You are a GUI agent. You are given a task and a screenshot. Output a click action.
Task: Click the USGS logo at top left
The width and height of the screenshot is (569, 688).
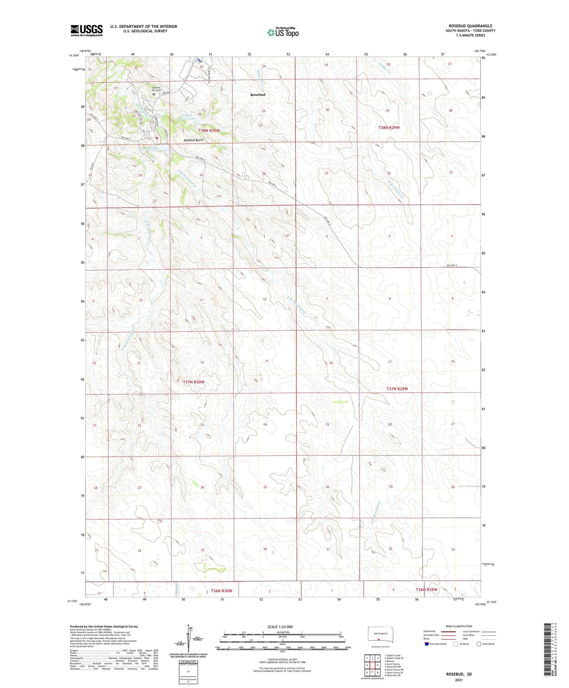click(86, 30)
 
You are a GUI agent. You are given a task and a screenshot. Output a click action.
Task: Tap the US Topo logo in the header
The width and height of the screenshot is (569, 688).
click(283, 32)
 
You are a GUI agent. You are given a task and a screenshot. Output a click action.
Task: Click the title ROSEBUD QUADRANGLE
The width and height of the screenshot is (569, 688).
click(470, 26)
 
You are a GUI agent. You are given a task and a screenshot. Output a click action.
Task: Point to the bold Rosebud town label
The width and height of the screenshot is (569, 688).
click(258, 95)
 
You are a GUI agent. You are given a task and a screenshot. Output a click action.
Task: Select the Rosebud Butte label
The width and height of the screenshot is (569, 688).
click(193, 140)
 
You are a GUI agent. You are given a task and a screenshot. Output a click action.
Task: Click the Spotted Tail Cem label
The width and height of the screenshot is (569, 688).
click(156, 89)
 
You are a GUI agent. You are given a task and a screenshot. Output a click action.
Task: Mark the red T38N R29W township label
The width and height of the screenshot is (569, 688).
click(389, 128)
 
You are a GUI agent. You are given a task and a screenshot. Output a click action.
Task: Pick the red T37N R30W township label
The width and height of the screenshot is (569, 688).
click(194, 382)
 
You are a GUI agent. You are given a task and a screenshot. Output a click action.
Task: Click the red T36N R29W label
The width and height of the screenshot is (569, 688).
click(426, 589)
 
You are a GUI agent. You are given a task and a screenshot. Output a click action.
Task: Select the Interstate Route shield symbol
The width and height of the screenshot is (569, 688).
click(427, 644)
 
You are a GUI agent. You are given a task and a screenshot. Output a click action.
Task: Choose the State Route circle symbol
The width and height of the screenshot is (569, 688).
click(479, 644)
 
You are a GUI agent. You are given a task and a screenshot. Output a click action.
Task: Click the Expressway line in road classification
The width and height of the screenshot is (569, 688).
click(448, 632)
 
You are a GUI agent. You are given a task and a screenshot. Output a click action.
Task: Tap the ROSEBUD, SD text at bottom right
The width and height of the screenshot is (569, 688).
click(459, 674)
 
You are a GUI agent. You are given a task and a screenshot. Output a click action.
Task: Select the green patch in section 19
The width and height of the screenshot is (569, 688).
click(341, 402)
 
